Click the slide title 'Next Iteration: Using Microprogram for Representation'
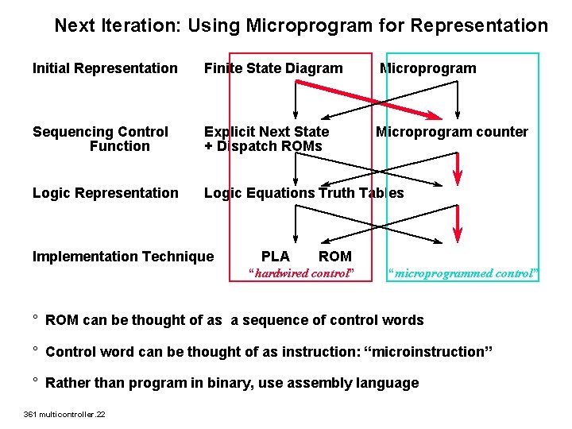coord(301,25)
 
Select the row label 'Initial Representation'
coord(105,68)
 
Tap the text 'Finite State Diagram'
coord(273,68)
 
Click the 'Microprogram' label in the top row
coord(428,68)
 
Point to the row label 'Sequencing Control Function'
coord(101,139)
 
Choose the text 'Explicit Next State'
coord(266,132)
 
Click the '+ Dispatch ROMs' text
coord(263,146)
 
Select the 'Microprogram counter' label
coord(451,132)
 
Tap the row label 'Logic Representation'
coord(106,193)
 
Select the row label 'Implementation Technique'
coord(123,256)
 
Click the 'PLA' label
coord(276,256)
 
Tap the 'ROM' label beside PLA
coord(334,256)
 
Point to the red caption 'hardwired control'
coord(300,274)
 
